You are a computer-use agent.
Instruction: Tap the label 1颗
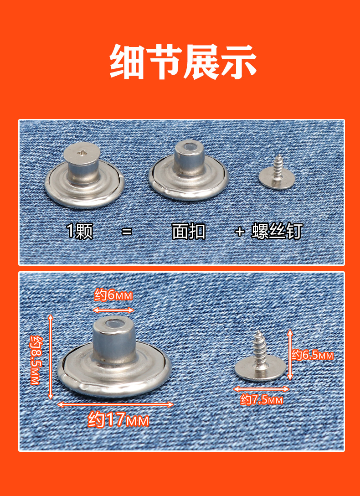pyautogui.click(x=80, y=232)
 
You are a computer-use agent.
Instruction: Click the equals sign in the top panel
pyautogui.click(x=127, y=232)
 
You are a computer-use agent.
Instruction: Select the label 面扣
pyautogui.click(x=189, y=232)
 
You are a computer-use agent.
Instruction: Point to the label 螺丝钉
pyautogui.click(x=277, y=232)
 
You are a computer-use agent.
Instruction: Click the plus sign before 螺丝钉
pyautogui.click(x=240, y=232)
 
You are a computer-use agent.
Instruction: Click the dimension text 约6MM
pyautogui.click(x=113, y=295)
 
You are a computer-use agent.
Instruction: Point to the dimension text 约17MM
pyautogui.click(x=118, y=419)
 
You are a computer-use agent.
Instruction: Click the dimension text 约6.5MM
pyautogui.click(x=313, y=355)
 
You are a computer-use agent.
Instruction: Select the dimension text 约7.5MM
pyautogui.click(x=262, y=400)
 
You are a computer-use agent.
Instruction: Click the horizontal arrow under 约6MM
pyautogui.click(x=113, y=310)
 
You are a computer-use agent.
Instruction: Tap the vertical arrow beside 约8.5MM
pyautogui.click(x=51, y=356)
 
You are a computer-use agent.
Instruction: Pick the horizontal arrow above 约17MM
pyautogui.click(x=116, y=404)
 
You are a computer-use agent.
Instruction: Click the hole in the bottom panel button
pyautogui.click(x=113, y=325)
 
